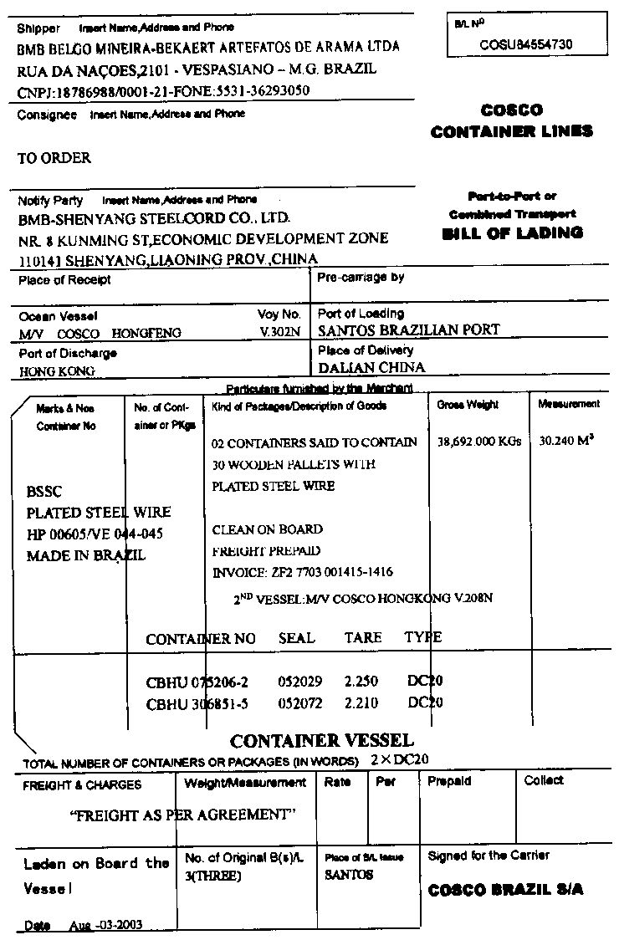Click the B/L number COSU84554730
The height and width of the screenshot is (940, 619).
pyautogui.click(x=526, y=44)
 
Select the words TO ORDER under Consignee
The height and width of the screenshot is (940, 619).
pyautogui.click(x=54, y=158)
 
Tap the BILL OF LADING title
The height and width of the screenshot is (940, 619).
pyautogui.click(x=512, y=233)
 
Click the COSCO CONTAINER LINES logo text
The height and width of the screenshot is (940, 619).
pyautogui.click(x=512, y=120)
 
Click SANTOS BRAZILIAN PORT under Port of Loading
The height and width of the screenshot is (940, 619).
pyautogui.click(x=408, y=330)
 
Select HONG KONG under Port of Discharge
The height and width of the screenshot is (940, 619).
pyautogui.click(x=57, y=370)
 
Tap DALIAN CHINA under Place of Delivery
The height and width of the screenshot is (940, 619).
pyautogui.click(x=371, y=367)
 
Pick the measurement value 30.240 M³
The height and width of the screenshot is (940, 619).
pyautogui.click(x=567, y=440)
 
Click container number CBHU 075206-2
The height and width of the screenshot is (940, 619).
pyautogui.click(x=197, y=682)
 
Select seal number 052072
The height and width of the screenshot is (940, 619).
pyautogui.click(x=299, y=703)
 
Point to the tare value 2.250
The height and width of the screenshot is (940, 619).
pyautogui.click(x=361, y=682)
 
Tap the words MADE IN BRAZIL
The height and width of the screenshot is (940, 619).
pyautogui.click(x=86, y=555)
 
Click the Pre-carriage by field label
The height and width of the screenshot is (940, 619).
pyautogui.click(x=361, y=277)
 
